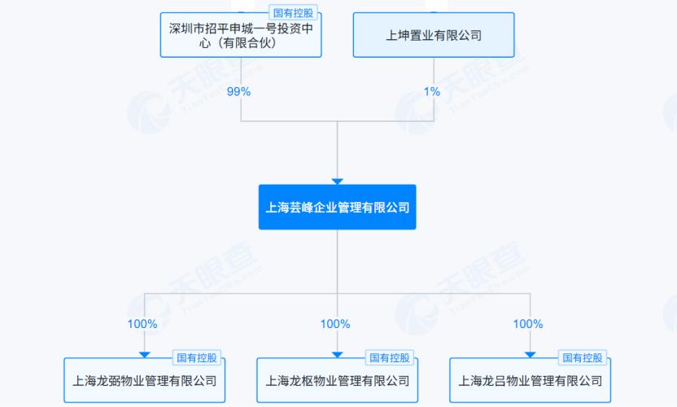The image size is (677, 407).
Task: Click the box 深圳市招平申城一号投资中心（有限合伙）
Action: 241,35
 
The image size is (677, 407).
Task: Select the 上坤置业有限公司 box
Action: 434,35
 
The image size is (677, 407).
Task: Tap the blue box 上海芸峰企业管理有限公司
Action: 338,208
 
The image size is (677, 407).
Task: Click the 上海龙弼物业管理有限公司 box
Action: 144,380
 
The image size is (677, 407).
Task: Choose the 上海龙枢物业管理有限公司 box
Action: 338,380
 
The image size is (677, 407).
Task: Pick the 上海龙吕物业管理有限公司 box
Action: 531,380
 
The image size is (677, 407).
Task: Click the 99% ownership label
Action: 240,92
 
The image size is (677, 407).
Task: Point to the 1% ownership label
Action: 433,92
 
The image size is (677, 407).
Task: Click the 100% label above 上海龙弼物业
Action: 142,324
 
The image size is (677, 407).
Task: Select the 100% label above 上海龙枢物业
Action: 335,324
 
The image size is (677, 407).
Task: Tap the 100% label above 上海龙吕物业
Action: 528,324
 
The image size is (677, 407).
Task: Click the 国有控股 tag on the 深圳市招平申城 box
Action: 292,14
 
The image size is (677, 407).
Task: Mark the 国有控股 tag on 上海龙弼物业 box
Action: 198,358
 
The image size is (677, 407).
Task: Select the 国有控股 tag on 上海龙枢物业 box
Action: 391,358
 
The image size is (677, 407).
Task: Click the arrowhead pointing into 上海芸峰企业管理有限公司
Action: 338,181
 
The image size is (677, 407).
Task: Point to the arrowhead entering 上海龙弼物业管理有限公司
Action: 144,353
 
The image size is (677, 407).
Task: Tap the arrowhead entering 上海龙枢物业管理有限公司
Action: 338,353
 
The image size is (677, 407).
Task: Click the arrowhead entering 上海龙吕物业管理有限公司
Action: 531,353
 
